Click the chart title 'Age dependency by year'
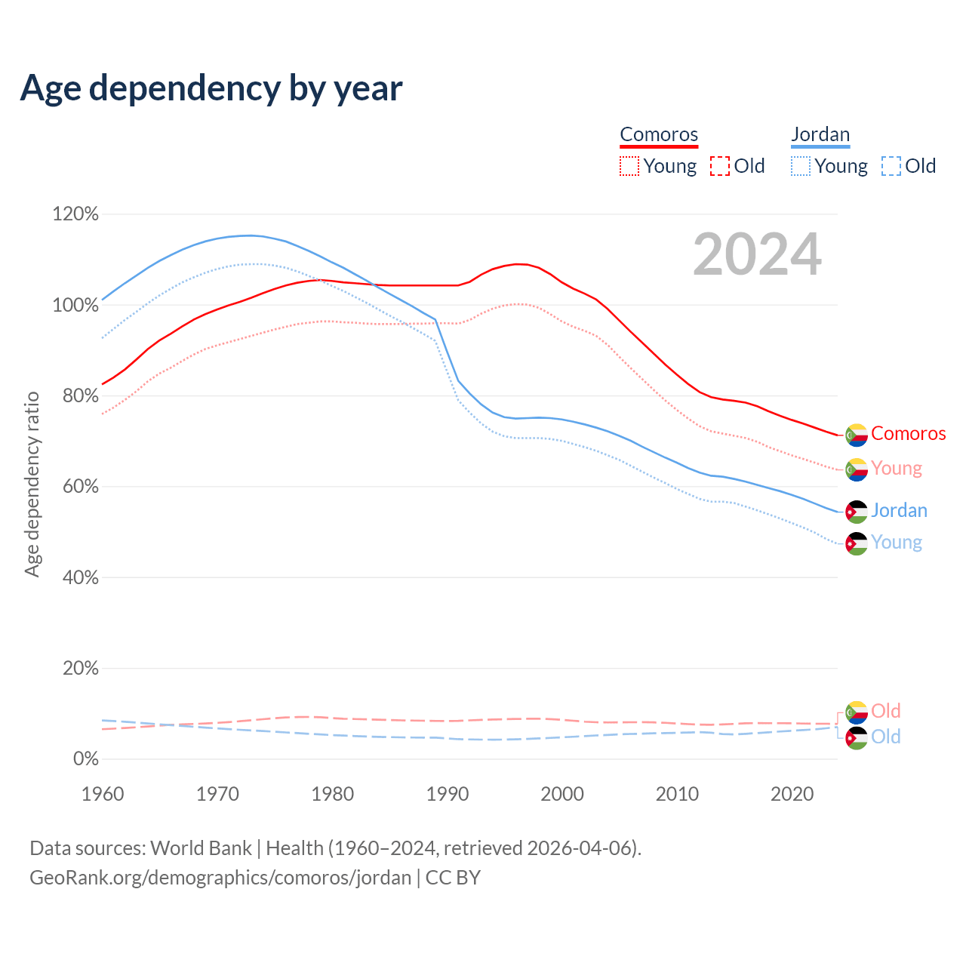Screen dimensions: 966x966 tap(211, 88)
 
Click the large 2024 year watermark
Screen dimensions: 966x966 tap(757, 255)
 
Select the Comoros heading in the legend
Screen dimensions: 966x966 tap(659, 134)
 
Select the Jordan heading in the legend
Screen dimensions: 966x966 tap(820, 134)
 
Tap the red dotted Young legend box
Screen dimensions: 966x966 tap(629, 166)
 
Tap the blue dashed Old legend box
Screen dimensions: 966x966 tap(891, 166)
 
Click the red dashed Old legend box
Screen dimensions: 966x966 tap(720, 166)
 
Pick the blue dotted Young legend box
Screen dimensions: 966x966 tap(801, 166)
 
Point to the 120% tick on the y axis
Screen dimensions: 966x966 tap(75, 214)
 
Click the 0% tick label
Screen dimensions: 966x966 tap(85, 759)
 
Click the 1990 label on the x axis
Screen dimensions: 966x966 tap(448, 794)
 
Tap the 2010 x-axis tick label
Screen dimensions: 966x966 tap(677, 794)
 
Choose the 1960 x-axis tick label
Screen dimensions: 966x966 tap(103, 794)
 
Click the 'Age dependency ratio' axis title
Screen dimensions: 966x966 tap(32, 484)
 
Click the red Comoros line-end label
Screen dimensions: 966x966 tap(908, 434)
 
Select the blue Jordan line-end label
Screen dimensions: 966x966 tap(899, 511)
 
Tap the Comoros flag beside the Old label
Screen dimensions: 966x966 tap(857, 712)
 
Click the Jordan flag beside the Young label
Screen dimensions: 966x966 tap(857, 543)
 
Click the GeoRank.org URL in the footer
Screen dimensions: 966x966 tap(220, 878)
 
